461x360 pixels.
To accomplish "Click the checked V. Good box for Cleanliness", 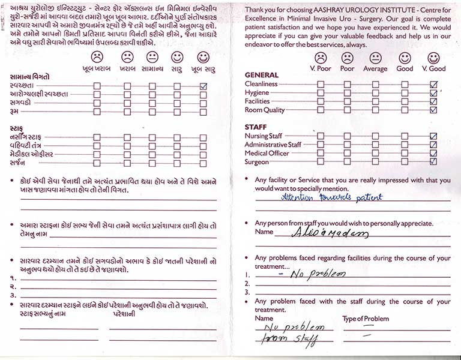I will tap(433, 85).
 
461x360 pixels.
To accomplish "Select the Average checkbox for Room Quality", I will tap(375, 110).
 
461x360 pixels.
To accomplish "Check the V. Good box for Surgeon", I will tap(433, 162).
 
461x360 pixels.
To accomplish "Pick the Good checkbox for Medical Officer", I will tap(405, 154).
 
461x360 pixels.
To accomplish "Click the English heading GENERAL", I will tap(262, 75).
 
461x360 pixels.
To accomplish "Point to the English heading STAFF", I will tap(256, 127).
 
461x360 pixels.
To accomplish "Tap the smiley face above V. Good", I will tap(433, 58).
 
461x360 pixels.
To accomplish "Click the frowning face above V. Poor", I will tap(321, 58).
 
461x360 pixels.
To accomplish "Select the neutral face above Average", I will tap(375, 58).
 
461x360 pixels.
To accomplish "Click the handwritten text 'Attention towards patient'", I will tap(332, 197).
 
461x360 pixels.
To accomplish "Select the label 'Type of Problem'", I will tap(365, 319).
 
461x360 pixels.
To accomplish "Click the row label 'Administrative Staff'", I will tap(273, 145).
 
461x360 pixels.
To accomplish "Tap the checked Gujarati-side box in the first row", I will tap(203, 86).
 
